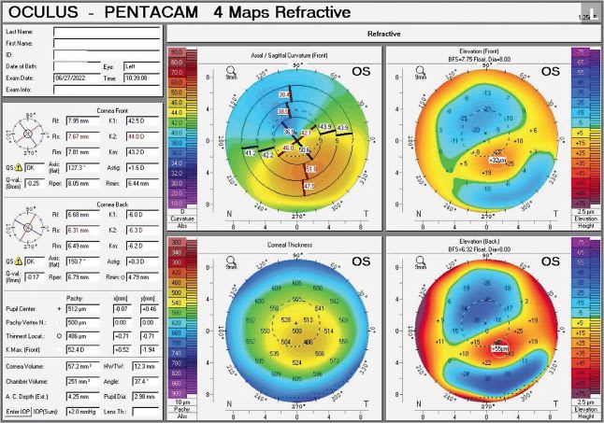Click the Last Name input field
pyautogui.click(x=106, y=31)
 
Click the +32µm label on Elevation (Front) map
pyautogui.click(x=499, y=160)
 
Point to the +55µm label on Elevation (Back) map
pyautogui.click(x=501, y=347)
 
